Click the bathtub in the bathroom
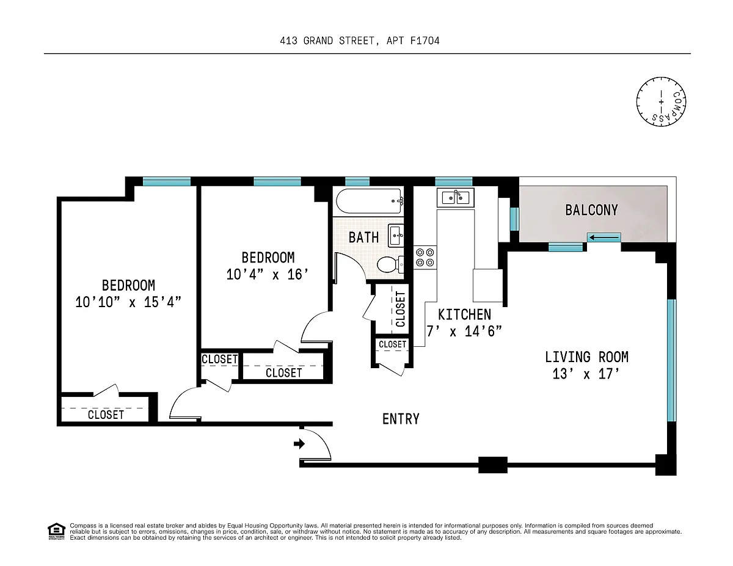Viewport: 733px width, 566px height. pos(370,201)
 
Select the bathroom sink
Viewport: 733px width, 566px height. pos(396,235)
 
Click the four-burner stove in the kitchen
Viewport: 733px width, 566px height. pos(425,258)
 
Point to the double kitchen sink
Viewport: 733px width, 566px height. pos(456,198)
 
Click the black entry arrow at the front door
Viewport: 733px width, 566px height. pos(299,444)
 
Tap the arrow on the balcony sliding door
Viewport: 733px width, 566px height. pos(604,238)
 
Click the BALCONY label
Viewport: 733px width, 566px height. pos(592,210)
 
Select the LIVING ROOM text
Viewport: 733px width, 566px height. pos(586,357)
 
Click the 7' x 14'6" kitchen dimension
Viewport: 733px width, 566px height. pos(464,332)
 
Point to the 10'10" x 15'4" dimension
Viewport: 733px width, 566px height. pos(128,302)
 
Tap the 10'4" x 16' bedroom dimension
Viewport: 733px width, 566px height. pos(268,274)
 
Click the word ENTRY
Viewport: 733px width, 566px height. pos(401,419)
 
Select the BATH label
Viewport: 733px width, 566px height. pos(363,238)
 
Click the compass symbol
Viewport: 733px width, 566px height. pos(661,102)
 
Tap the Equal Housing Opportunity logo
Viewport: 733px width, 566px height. pos(56,531)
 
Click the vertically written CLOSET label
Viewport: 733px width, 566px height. pos(400,309)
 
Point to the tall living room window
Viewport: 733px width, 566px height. pos(671,360)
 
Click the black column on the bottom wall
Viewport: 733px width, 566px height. pos(493,465)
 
